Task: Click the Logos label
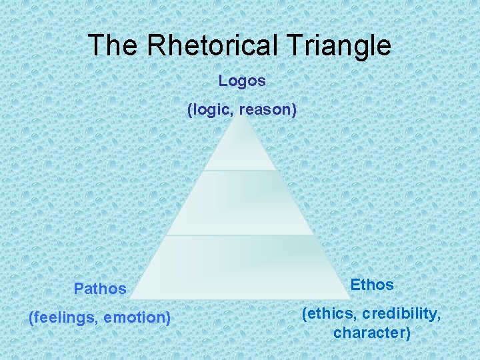click(242, 81)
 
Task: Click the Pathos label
click(100, 289)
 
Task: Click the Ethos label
click(372, 285)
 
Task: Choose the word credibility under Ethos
click(403, 313)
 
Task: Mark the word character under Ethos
click(372, 332)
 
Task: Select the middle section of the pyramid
click(239, 203)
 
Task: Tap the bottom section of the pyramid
click(239, 267)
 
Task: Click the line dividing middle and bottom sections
click(239, 235)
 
